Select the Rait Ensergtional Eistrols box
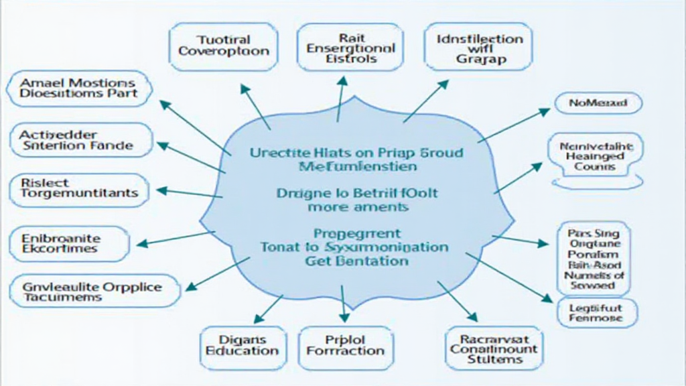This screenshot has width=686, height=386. tap(342, 47)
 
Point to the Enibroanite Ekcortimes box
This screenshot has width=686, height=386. tap(69, 243)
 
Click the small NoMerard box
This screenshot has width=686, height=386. tap(598, 103)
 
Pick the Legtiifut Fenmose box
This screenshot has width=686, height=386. tap(598, 312)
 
